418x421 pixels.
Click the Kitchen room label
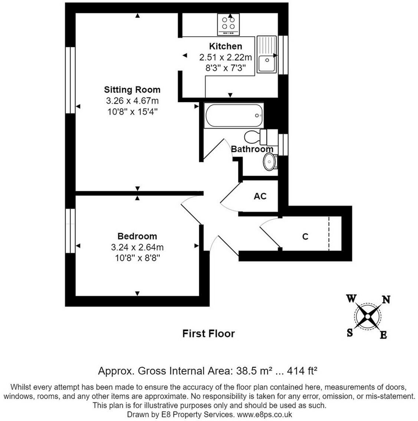tap(226, 46)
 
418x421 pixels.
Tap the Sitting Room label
tap(132, 90)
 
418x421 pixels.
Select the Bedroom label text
tap(137, 236)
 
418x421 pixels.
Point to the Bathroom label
tap(252, 149)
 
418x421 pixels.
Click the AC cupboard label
tap(260, 196)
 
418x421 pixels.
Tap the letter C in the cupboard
tap(305, 236)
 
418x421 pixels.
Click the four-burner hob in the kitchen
tap(228, 24)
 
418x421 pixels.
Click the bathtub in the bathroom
tap(234, 116)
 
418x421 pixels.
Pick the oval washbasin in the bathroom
tap(269, 162)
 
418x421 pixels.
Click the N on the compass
tap(386, 299)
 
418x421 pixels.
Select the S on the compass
tap(350, 333)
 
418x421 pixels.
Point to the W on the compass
tap(351, 298)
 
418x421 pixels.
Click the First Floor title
tap(208, 334)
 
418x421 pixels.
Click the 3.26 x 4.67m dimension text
tap(132, 101)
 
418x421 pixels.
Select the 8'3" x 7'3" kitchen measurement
tap(226, 68)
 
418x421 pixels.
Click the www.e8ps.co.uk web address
tap(264, 414)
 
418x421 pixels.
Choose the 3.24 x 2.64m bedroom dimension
tap(137, 247)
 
